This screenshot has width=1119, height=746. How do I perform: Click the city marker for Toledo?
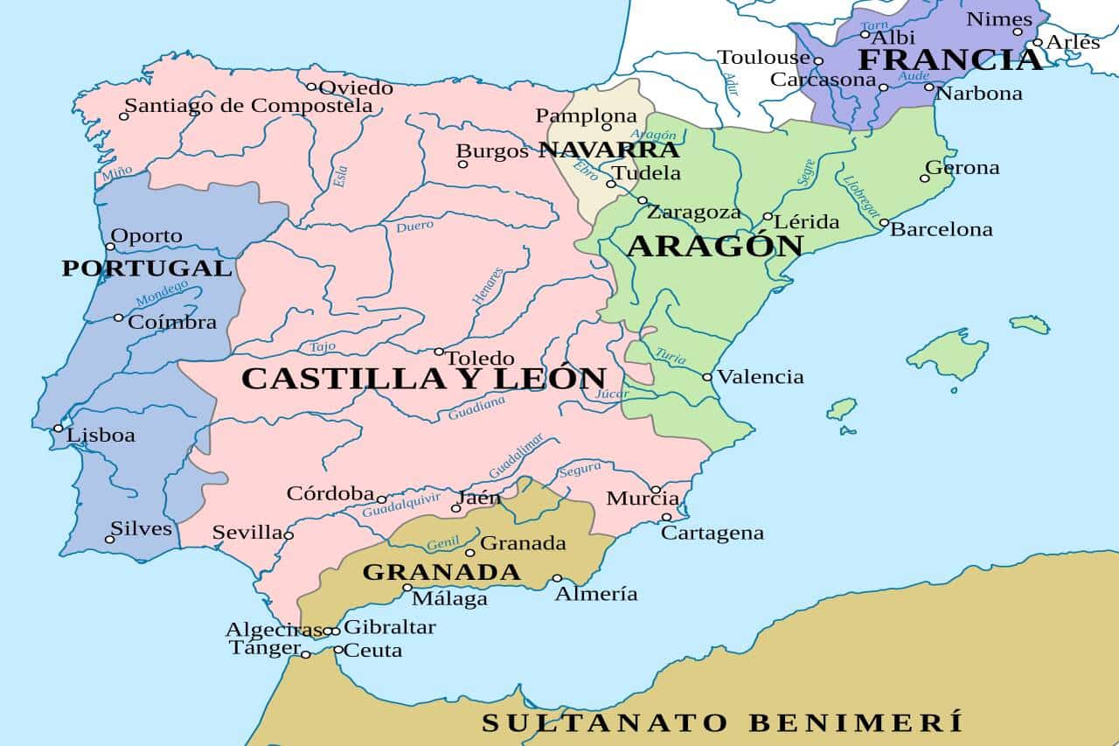[x=439, y=352]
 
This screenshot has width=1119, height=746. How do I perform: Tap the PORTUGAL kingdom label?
[x=146, y=268]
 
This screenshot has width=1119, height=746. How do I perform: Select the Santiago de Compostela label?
[x=248, y=106]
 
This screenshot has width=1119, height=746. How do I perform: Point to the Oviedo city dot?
[x=311, y=87]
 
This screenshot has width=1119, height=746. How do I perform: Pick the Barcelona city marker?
[x=884, y=223]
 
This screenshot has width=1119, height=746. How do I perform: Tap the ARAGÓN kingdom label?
[x=714, y=246]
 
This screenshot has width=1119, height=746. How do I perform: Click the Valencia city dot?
[x=707, y=377]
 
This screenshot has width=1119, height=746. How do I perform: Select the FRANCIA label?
[x=950, y=59]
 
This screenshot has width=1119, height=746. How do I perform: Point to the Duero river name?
[x=414, y=227]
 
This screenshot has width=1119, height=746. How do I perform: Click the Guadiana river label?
[x=476, y=408]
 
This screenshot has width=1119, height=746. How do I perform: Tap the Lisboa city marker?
[x=59, y=429]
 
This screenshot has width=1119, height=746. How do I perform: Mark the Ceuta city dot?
[x=338, y=650]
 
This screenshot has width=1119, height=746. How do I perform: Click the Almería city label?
[x=596, y=594]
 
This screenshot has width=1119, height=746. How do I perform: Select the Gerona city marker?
[x=924, y=178]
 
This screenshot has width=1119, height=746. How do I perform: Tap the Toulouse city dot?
[x=818, y=61]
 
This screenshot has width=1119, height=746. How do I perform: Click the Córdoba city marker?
[x=381, y=499]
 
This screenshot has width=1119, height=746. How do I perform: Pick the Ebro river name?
[x=585, y=171]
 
